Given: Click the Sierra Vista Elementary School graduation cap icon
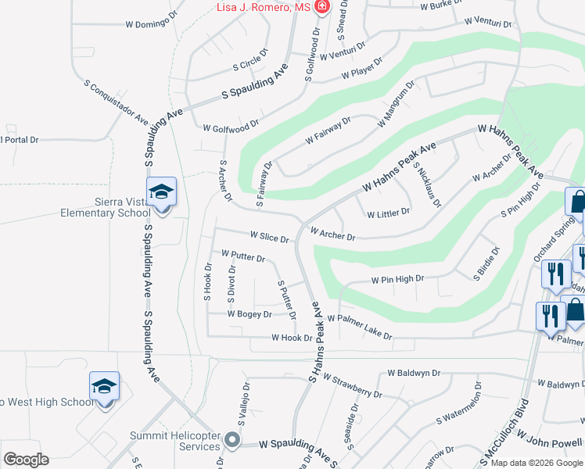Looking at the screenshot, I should pos(162,192).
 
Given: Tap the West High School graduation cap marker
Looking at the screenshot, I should pos(104,386).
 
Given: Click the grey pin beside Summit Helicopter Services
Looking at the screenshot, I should pos(231,441).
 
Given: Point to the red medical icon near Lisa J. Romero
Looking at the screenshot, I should pos(321,7).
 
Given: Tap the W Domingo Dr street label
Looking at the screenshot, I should pos(159,23).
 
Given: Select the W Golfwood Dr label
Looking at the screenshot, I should pos(230,126).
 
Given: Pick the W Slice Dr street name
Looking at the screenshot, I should pos(270,236).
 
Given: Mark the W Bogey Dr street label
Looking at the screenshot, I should pos(249,314).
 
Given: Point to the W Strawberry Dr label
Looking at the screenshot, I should pos(352,381).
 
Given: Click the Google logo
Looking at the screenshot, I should pos(27,459).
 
